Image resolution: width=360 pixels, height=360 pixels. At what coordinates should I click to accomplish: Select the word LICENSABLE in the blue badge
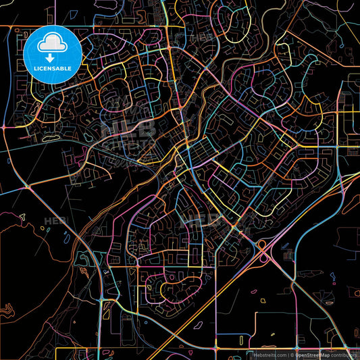tap(53, 68)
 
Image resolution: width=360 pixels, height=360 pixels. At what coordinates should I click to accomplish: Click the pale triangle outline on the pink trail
tap(22, 217)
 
